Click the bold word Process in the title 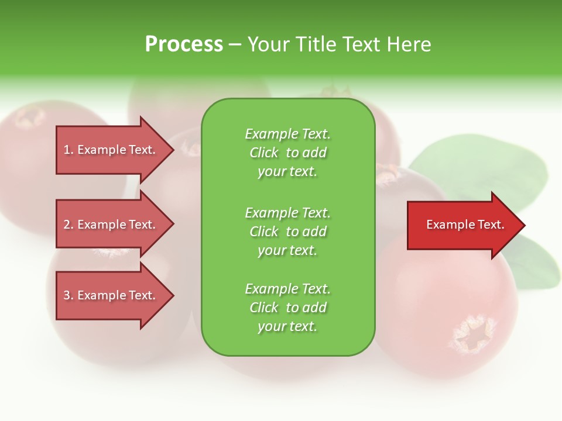coord(184,44)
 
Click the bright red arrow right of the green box coord(462,225)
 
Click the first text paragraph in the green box coord(287,153)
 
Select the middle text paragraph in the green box coord(287,232)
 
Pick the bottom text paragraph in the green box coord(287,308)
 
